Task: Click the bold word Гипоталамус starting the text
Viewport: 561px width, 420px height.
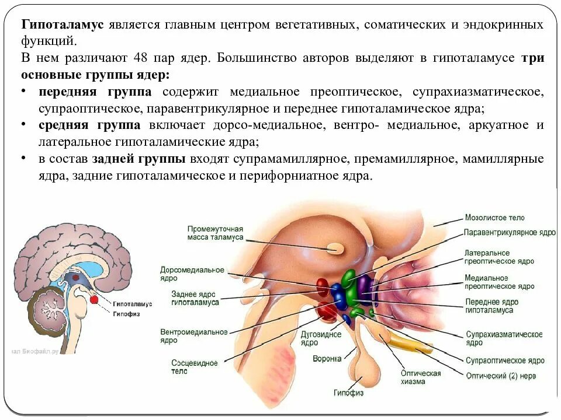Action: (x=63, y=25)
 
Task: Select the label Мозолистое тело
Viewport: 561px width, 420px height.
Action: (x=494, y=218)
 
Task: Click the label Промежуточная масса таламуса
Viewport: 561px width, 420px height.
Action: (x=215, y=233)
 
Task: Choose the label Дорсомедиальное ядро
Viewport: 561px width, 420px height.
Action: (x=192, y=274)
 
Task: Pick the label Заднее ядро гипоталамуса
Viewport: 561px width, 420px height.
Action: (x=195, y=298)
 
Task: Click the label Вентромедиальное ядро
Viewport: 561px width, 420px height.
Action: (x=194, y=336)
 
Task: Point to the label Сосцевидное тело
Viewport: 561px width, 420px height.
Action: (x=195, y=367)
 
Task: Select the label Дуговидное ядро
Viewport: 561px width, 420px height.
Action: (x=321, y=339)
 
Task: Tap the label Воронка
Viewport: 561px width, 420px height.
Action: (x=327, y=359)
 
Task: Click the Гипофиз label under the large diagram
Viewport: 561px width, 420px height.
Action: (x=348, y=393)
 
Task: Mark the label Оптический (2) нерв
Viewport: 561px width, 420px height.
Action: (x=500, y=376)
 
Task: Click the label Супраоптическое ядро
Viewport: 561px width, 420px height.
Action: (x=505, y=360)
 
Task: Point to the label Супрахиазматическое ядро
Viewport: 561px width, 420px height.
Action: (x=504, y=339)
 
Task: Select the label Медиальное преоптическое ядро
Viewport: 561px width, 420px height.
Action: (x=500, y=282)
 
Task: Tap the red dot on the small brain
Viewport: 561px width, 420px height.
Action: (x=93, y=300)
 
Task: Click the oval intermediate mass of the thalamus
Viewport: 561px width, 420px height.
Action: (x=335, y=248)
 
